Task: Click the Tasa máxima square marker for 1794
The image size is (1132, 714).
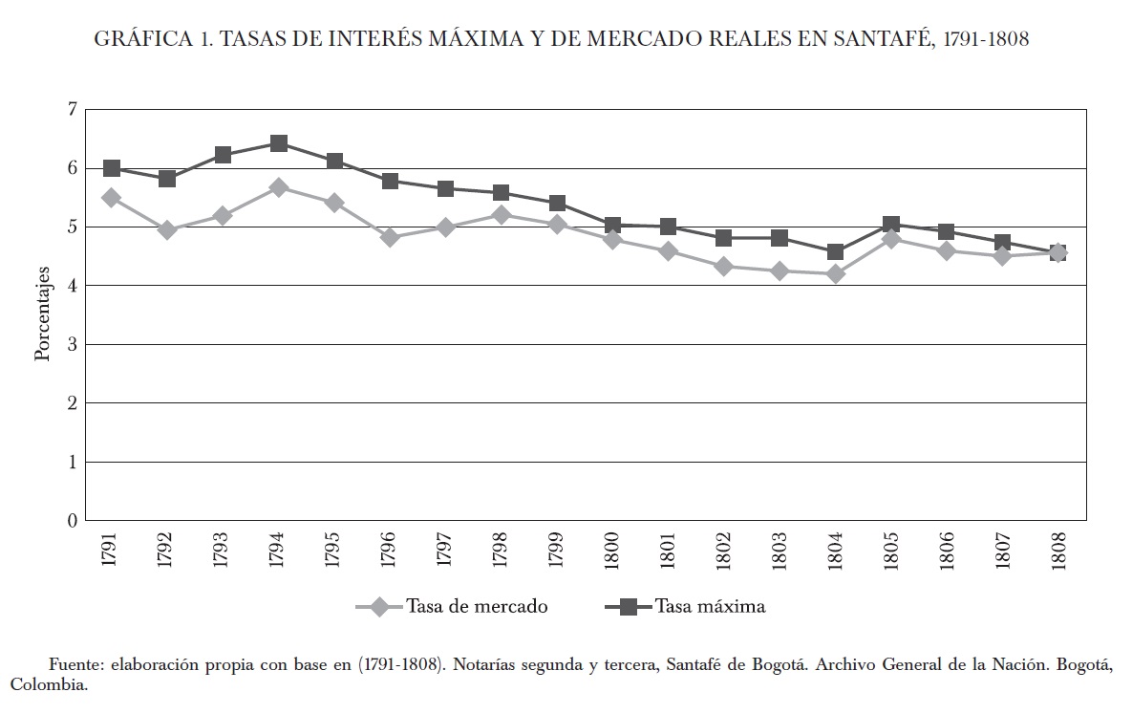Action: tap(279, 143)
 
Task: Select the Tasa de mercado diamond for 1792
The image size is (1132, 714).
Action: tap(167, 230)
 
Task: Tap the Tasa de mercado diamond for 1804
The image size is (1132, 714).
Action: tap(835, 274)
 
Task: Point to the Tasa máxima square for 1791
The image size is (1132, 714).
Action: tap(112, 168)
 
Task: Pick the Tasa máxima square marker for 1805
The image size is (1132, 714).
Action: tap(890, 226)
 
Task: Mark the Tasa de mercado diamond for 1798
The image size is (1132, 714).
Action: tap(501, 215)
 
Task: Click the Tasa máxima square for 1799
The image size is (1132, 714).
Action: tap(557, 204)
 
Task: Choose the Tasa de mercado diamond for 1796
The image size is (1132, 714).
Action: tap(390, 237)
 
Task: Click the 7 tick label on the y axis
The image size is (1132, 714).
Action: tap(70, 110)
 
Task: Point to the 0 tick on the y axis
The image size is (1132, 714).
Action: tap(70, 521)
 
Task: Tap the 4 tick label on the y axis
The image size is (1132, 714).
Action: tap(70, 286)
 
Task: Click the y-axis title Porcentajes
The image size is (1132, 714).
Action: tap(42, 314)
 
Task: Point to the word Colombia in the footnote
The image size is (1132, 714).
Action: tap(47, 685)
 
